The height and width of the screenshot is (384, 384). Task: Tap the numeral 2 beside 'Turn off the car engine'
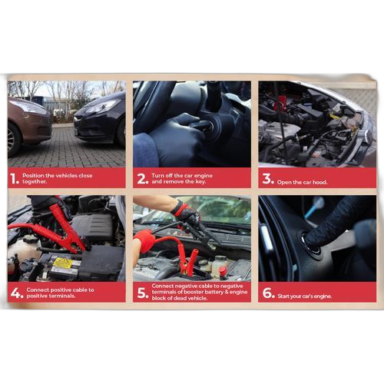pos(141,178)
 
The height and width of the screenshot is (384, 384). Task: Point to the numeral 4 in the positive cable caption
pos(15,293)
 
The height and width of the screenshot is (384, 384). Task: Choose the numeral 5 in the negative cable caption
pos(141,293)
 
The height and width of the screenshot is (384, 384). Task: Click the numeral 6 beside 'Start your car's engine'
pos(267,293)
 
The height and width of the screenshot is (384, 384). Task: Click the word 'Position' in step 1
pos(33,176)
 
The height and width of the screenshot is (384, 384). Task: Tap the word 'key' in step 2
pos(200,182)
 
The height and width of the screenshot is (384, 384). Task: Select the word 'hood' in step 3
pos(319,182)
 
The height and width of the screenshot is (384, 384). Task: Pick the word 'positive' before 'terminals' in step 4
pos(37,296)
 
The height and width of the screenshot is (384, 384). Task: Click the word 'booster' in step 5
pos(194,292)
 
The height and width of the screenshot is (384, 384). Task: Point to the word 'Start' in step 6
pos(283,296)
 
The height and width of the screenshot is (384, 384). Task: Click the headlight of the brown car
pos(28,108)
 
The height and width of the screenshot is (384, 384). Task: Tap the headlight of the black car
pos(102,106)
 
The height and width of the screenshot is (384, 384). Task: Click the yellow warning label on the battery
pos(62,263)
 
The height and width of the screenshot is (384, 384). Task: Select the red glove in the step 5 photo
pos(144,241)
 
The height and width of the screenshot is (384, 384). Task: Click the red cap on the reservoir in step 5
pos(223,270)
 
